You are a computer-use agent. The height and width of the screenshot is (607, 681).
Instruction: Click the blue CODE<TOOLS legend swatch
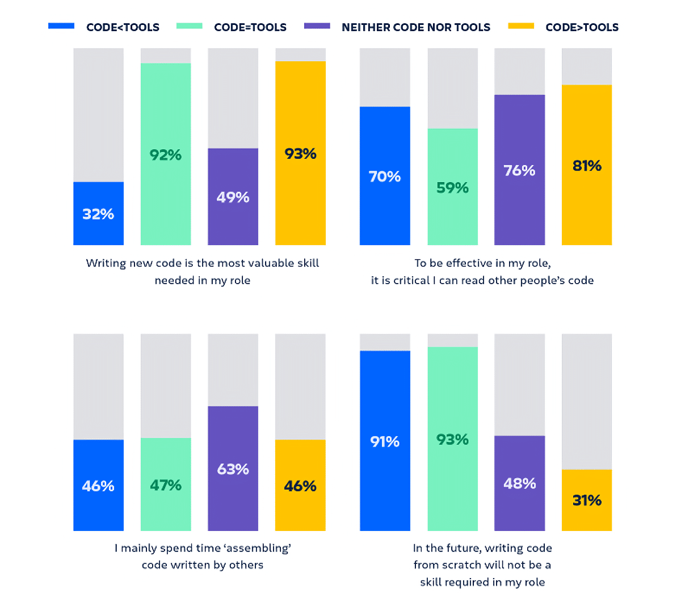61,26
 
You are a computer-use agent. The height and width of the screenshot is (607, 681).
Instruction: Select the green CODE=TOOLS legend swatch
190,26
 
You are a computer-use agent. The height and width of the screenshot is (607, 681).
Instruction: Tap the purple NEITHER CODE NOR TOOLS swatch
317,26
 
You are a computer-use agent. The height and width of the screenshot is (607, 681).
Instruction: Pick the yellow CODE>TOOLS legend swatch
521,26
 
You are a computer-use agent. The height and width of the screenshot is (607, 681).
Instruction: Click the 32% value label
98,214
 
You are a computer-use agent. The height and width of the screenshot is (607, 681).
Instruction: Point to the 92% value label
166,155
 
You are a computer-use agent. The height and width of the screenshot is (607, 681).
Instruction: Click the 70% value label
385,176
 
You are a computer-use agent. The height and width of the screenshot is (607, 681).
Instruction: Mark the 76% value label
519,170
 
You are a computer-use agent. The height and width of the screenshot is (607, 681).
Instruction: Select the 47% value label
166,485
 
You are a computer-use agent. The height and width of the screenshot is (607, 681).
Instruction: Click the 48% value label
519,483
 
